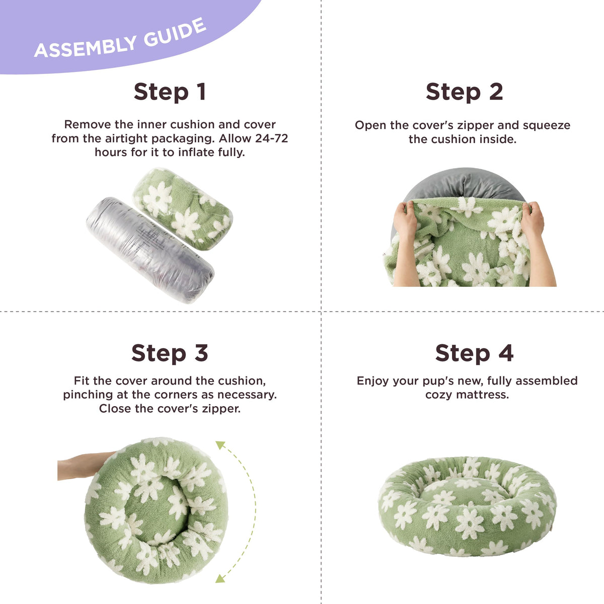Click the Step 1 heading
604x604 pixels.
coord(170,92)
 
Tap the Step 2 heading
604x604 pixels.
coord(464,92)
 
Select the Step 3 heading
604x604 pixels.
coord(170,353)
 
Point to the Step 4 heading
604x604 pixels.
coord(474,353)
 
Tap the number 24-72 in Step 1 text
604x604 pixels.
coord(271,138)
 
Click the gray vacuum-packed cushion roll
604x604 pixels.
coord(150,250)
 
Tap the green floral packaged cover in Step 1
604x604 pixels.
coord(183,208)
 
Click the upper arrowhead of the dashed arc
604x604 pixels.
coord(220,445)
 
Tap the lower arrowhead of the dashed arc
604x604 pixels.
coord(220,579)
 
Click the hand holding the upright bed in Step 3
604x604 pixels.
coord(85,466)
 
